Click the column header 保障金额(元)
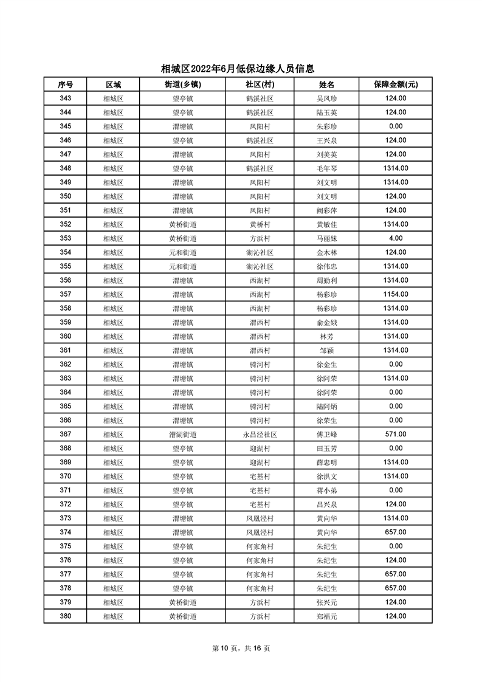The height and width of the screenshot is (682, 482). [395, 84]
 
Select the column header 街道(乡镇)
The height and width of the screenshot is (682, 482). [182, 84]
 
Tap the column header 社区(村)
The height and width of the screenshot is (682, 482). [260, 84]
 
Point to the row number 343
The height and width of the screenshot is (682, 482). [66, 98]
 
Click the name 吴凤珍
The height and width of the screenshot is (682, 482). [326, 98]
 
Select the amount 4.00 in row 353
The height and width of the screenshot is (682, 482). [395, 238]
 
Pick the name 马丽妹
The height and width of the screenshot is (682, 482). [326, 238]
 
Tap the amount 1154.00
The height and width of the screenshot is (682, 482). [395, 294]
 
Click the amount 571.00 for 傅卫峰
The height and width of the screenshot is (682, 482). [395, 434]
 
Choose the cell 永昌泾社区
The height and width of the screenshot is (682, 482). [260, 435]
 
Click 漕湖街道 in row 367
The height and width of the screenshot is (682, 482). [182, 435]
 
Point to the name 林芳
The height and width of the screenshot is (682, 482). [326, 337]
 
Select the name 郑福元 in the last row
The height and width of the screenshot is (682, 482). [326, 616]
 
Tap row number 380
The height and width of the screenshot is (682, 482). [66, 616]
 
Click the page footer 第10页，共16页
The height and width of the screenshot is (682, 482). [241, 649]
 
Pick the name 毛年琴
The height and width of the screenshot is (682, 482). [326, 168]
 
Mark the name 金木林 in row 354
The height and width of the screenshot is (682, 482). [326, 252]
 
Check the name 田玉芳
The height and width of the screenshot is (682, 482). [326, 449]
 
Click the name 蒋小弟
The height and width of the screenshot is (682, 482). [326, 491]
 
